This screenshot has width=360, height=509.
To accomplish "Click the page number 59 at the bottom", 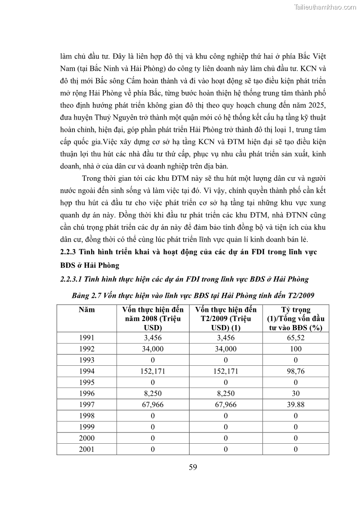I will click(193, 468).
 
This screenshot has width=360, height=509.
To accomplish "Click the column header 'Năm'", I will click(87, 310).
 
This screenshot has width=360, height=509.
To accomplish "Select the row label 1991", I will click(87, 338).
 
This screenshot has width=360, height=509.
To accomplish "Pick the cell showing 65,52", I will click(295, 338).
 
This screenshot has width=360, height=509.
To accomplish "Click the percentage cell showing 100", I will click(295, 349).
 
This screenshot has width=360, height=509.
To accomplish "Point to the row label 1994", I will click(87, 371).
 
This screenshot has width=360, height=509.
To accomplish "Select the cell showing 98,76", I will click(295, 371).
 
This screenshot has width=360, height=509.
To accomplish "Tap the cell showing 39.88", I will click(295, 405).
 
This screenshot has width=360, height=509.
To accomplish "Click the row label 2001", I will click(87, 449).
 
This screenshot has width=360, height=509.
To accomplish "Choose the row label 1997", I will click(87, 405).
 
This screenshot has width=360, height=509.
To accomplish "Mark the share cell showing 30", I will click(295, 393).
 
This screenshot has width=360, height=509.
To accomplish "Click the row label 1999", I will click(87, 427).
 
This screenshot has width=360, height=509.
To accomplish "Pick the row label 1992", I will click(87, 349).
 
